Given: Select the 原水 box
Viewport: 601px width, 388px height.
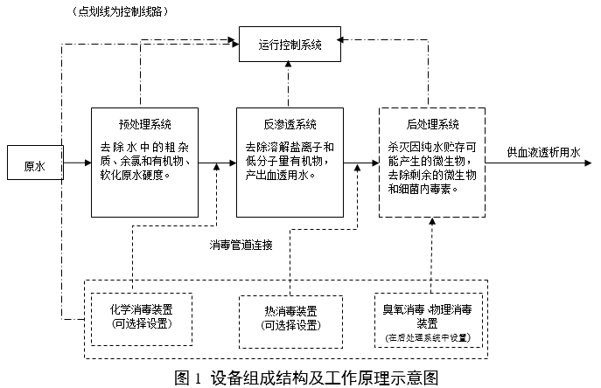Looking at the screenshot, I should pyautogui.click(x=35, y=165).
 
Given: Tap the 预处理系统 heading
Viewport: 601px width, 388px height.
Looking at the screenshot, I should pyautogui.click(x=144, y=124).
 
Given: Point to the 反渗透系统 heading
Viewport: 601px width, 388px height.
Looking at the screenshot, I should pyautogui.click(x=290, y=124).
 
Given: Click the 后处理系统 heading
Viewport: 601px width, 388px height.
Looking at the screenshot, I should pyautogui.click(x=432, y=124).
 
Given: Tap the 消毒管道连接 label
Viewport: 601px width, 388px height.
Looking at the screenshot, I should pyautogui.click(x=241, y=246).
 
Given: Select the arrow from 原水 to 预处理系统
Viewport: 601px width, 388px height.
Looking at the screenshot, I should pyautogui.click(x=77, y=163).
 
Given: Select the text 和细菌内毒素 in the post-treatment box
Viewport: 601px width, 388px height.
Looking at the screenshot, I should pyautogui.click(x=423, y=189).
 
